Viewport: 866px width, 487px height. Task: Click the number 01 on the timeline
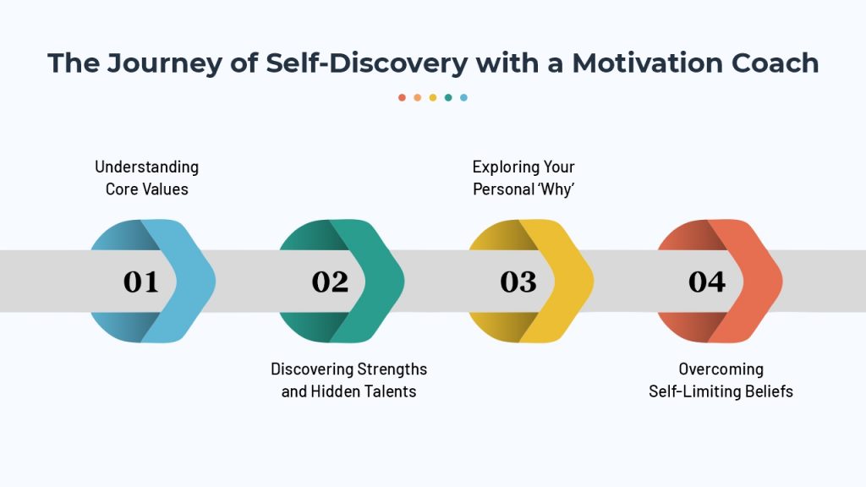pos(141,282)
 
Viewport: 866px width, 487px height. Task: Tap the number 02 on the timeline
pos(330,282)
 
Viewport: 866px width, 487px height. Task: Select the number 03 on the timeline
pos(518,282)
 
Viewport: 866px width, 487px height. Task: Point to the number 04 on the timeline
pos(707,282)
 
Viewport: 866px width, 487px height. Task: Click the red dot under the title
pos(402,98)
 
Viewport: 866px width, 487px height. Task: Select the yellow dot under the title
pos(433,98)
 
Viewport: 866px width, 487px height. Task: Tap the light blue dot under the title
pos(464,98)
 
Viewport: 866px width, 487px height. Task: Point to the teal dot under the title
pos(448,98)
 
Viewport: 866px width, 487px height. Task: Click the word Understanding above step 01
pos(147,167)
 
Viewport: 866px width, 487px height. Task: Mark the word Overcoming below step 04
pos(721,369)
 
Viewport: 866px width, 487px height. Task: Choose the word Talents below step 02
pos(391,391)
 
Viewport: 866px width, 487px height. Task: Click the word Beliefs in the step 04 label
pos(769,391)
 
